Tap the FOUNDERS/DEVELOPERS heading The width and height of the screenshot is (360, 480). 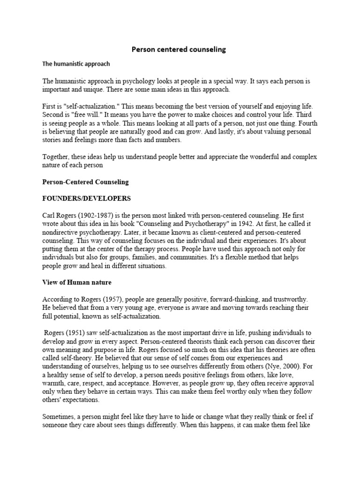point(87,198)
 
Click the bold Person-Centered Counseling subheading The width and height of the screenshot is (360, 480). point(85,181)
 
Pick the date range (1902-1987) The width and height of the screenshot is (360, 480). point(97,215)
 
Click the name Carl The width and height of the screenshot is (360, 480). point(50,215)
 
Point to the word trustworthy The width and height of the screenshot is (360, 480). point(289,299)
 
